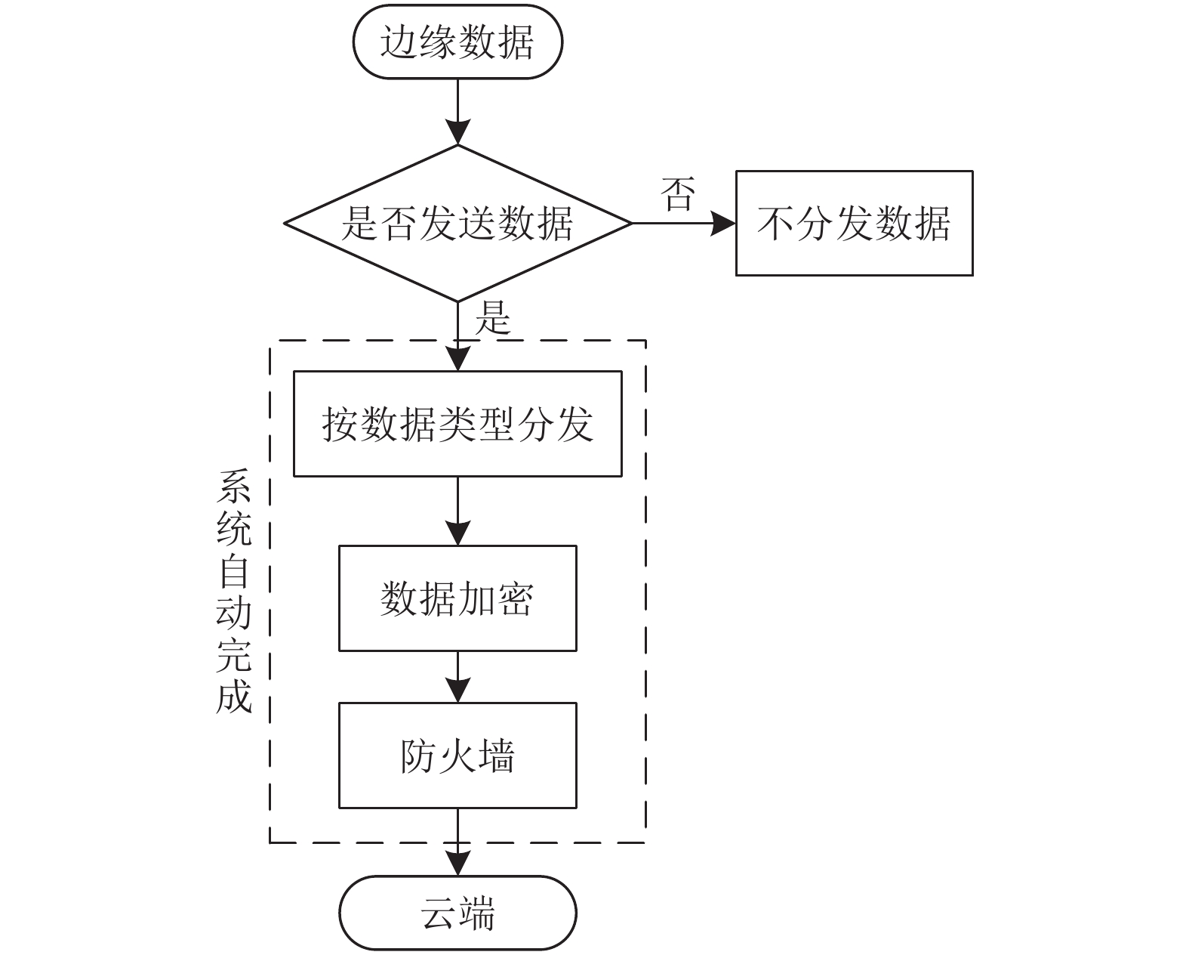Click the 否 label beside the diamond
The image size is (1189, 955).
click(x=677, y=194)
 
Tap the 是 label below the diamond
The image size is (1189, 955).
click(x=493, y=317)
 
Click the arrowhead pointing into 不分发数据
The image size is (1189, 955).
click(x=722, y=224)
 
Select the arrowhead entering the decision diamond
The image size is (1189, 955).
click(x=457, y=132)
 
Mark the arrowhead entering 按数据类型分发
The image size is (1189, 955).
click(x=457, y=358)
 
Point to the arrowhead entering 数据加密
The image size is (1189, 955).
click(x=457, y=533)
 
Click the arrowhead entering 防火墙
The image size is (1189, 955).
click(x=457, y=690)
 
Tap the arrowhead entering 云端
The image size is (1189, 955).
click(x=457, y=864)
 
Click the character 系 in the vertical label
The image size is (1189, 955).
click(x=234, y=487)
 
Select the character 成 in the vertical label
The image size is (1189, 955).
click(x=234, y=696)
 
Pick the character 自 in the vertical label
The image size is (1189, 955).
click(x=234, y=570)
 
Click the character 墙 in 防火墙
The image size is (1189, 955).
click(x=496, y=756)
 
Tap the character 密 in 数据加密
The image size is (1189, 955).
click(x=515, y=598)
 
